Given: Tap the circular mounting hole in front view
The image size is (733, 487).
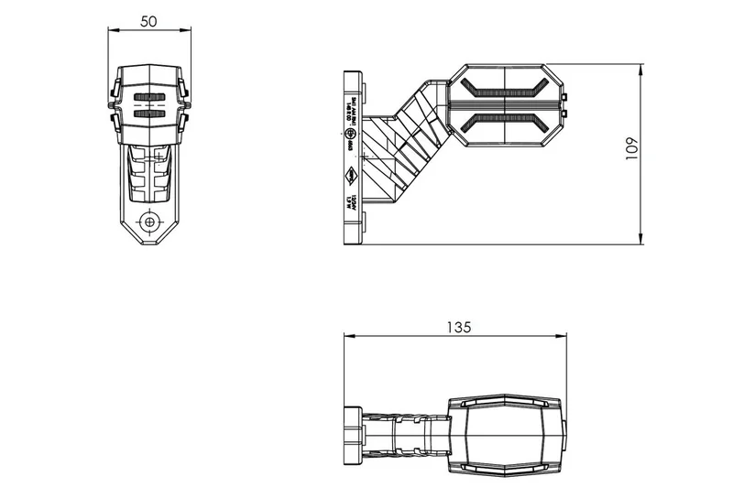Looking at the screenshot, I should [149, 221].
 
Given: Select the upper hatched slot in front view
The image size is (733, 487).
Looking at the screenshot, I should [149, 96].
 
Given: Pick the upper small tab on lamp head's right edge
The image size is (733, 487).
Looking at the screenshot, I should [566, 95].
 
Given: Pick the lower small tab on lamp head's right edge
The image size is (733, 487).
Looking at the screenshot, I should [566, 113].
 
